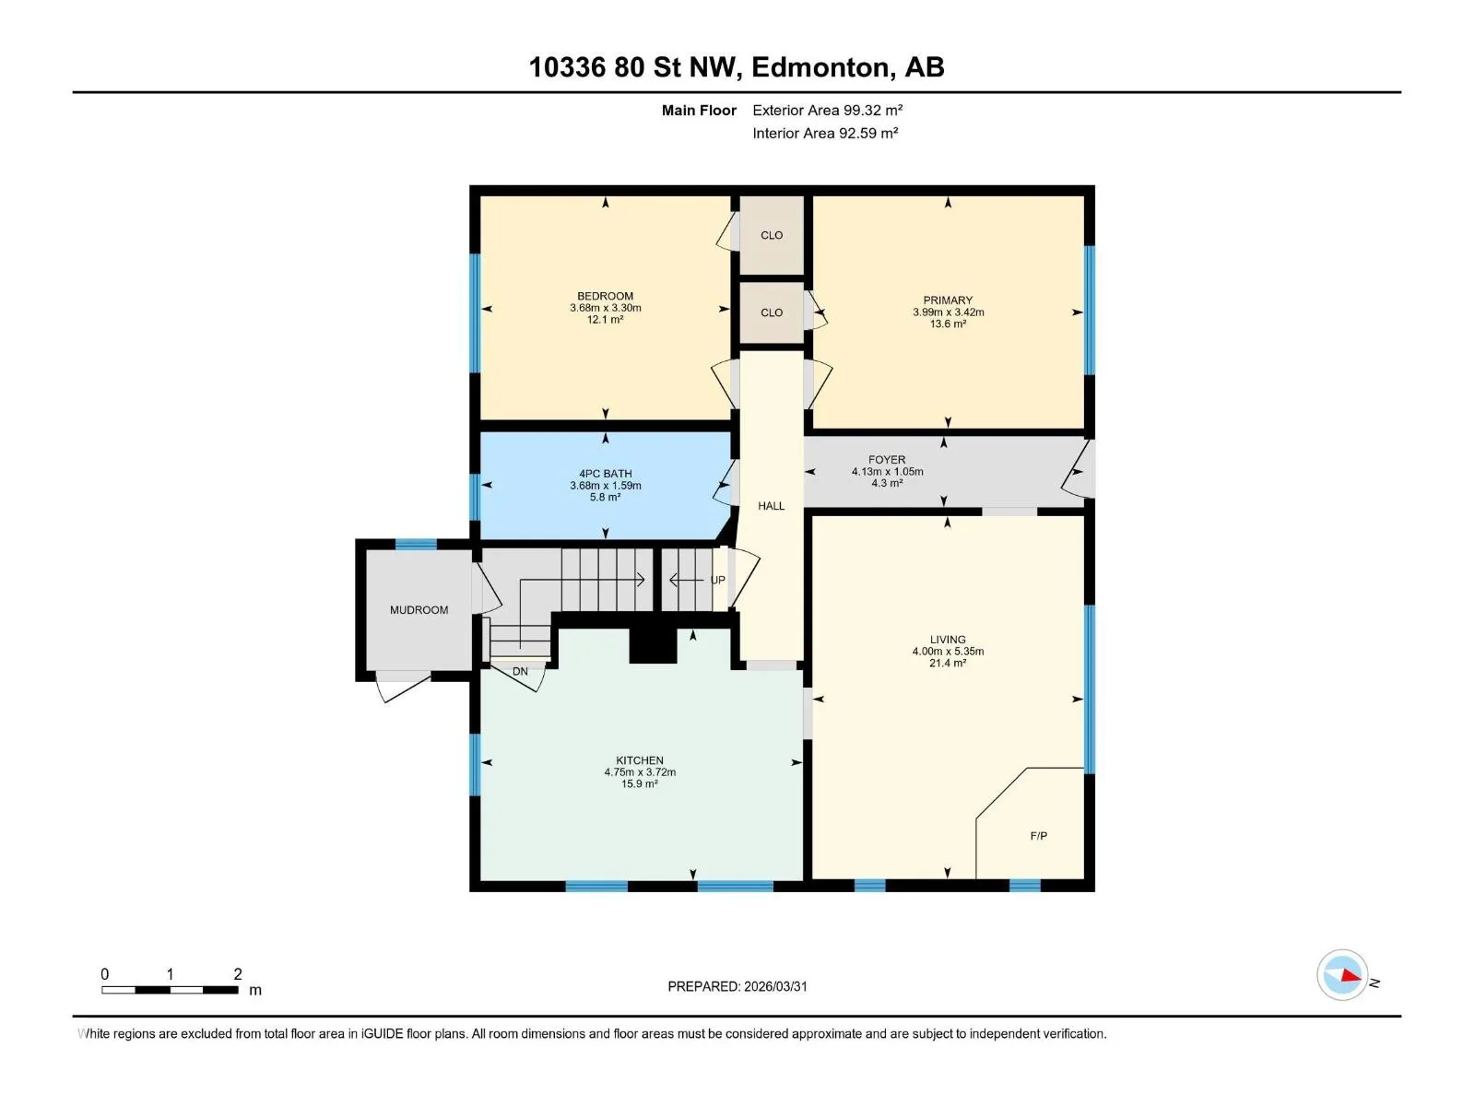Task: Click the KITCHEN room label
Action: (x=639, y=760)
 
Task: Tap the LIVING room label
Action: (x=948, y=640)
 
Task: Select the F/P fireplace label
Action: (x=1038, y=835)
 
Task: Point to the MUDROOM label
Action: (x=419, y=610)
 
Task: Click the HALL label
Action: (x=771, y=506)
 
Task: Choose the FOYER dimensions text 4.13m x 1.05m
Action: (x=887, y=471)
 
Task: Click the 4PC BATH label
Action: (x=606, y=474)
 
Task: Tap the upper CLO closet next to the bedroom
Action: (x=772, y=235)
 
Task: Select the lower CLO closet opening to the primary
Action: (x=772, y=312)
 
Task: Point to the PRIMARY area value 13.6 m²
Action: (x=948, y=324)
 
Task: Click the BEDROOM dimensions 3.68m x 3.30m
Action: (x=606, y=308)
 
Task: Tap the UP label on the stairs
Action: (x=717, y=581)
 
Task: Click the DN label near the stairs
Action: (x=520, y=671)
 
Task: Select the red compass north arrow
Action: (x=1350, y=975)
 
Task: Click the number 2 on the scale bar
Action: (x=237, y=973)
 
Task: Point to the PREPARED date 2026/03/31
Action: (x=774, y=986)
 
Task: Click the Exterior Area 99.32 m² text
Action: (x=827, y=110)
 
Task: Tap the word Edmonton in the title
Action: (x=823, y=67)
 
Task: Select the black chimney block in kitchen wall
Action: (x=653, y=646)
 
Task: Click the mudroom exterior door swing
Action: (x=403, y=688)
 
